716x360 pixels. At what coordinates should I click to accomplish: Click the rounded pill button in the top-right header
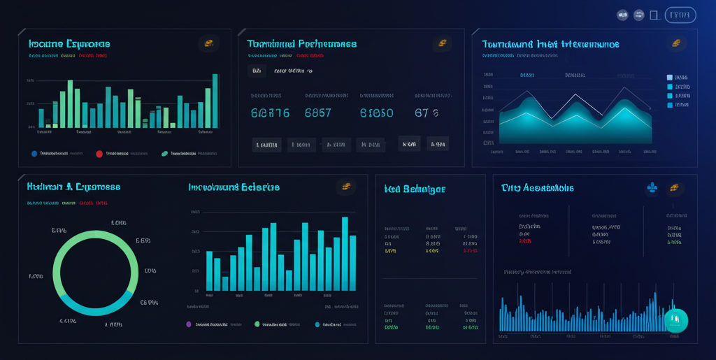pos(680,15)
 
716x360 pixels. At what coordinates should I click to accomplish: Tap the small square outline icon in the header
pos(654,15)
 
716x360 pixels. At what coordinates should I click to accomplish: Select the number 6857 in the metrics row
pos(318,113)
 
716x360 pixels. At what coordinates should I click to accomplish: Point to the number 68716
pos(270,113)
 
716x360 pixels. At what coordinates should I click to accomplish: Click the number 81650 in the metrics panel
pos(376,113)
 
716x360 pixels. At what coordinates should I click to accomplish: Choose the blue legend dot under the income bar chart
pos(34,153)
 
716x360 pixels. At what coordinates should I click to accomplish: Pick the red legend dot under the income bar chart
pos(99,153)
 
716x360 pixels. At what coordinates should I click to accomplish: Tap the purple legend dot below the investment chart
pos(189,324)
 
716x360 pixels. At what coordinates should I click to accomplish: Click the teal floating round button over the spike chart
pos(675,320)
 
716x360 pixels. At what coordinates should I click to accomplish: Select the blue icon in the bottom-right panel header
pos(652,187)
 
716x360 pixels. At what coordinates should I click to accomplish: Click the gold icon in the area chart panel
pos(676,43)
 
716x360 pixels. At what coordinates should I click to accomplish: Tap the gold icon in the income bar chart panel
pos(208,43)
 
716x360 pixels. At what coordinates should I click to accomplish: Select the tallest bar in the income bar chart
pos(215,101)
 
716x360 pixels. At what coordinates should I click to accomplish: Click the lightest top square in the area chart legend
pos(669,78)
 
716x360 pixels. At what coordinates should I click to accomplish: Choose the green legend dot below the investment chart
pos(257,324)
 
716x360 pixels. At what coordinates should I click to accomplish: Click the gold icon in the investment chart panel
pos(345,187)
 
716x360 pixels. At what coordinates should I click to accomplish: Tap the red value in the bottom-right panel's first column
pos(525,241)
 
